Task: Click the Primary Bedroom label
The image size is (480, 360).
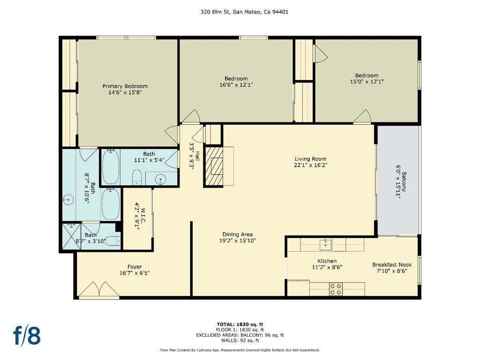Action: pos(125,86)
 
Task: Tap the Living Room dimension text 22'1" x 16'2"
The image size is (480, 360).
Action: pos(310,165)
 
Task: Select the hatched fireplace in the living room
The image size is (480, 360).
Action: pos(214,166)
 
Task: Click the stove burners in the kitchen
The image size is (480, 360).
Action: pos(336,289)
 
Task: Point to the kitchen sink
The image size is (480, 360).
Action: pos(326,244)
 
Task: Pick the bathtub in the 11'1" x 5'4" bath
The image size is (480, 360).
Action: pos(111,167)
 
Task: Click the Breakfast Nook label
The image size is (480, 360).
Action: pos(392,265)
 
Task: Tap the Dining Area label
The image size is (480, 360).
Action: pos(238,235)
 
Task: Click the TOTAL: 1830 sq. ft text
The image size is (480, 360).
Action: pos(240,324)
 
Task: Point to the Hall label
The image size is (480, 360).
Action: pos(198,156)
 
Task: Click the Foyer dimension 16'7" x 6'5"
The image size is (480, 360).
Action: pos(135,273)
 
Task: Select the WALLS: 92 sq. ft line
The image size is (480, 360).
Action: pos(240,340)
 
